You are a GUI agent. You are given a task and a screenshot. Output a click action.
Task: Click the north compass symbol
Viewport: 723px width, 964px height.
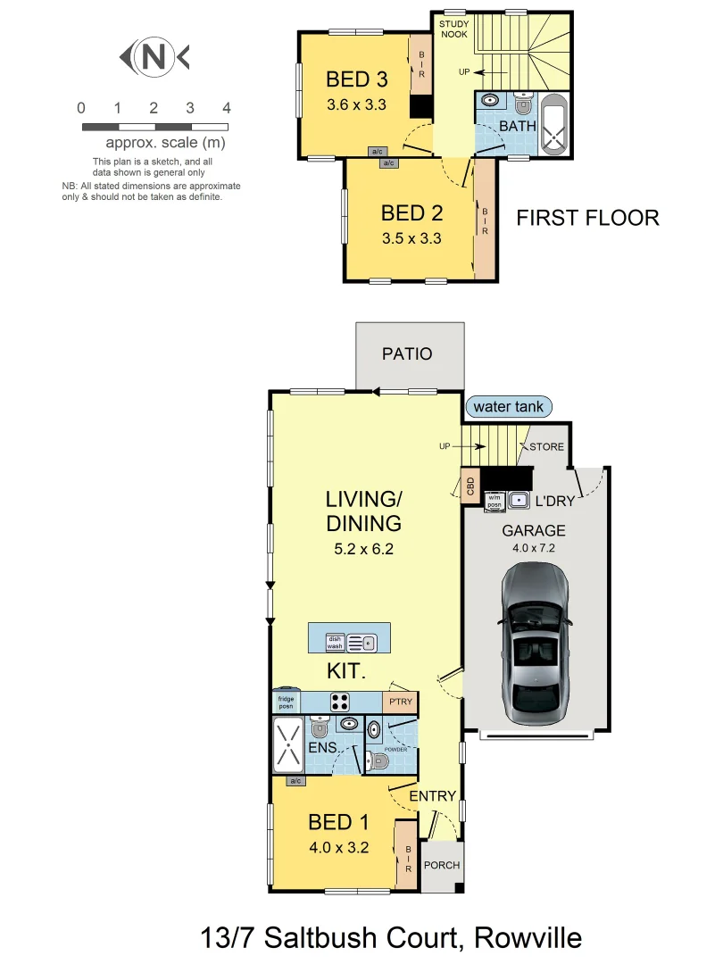click(154, 58)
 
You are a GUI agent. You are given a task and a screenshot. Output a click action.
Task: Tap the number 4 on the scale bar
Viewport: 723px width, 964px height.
click(227, 108)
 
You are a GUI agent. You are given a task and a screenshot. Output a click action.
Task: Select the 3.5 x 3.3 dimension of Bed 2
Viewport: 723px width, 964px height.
click(411, 238)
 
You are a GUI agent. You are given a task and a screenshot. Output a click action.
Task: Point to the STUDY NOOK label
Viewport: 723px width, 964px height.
click(454, 29)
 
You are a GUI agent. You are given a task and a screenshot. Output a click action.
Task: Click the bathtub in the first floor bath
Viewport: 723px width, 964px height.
click(556, 126)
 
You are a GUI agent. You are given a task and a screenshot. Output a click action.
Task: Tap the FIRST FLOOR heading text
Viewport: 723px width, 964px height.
click(587, 218)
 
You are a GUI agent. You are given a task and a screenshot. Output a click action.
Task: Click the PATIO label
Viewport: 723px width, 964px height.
click(407, 354)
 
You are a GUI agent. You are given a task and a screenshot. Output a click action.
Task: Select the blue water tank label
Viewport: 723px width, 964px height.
click(508, 407)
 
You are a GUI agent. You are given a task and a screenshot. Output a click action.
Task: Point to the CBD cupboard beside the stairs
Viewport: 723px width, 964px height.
click(470, 487)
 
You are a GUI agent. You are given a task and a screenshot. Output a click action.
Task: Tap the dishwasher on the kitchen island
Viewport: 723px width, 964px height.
click(334, 642)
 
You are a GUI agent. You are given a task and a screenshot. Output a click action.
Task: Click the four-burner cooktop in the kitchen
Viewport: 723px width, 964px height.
click(340, 701)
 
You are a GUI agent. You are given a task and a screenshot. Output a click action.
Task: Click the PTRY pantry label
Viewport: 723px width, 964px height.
click(401, 702)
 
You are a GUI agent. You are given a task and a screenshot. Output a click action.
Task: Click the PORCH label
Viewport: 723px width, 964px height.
click(441, 865)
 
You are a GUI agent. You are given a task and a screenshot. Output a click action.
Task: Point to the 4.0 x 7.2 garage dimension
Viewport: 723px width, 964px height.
click(534, 548)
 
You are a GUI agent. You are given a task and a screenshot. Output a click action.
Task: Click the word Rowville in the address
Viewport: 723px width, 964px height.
click(528, 938)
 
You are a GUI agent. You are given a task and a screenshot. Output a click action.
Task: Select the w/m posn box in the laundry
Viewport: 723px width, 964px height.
click(494, 503)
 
